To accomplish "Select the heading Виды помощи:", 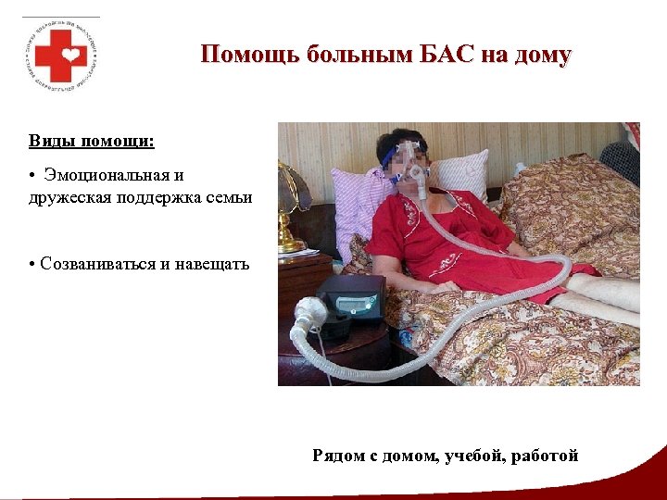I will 91,143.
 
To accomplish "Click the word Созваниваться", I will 98,264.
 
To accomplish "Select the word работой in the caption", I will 547,456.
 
